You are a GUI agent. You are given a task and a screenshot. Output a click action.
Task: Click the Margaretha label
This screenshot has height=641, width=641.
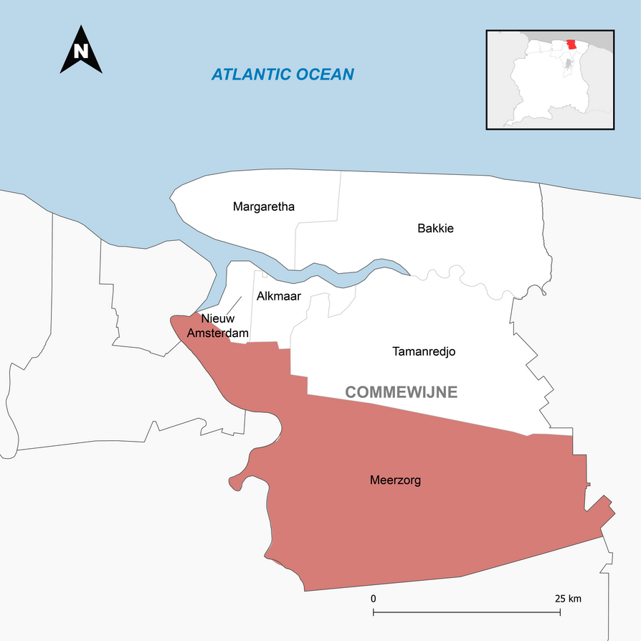pos(264,207)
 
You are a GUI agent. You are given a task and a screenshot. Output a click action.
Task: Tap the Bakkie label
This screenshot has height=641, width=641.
pos(435,229)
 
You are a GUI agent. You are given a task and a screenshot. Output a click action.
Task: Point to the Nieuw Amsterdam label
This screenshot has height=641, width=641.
pos(218,326)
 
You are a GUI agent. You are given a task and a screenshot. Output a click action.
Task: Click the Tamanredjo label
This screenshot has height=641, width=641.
pos(424,351)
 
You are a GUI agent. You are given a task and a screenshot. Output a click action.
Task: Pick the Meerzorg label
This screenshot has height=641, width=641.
pos(395,480)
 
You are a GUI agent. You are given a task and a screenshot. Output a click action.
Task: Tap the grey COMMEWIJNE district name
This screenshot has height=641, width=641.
pos(401,392)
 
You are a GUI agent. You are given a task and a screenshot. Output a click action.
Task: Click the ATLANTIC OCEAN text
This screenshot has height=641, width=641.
pos(282,75)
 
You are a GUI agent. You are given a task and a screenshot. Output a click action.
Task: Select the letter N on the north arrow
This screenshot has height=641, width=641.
pos(81,52)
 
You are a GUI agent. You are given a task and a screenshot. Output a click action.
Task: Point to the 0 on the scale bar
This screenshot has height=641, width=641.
pos(373,598)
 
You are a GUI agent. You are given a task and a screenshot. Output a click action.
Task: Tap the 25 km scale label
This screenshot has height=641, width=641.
pos(568,598)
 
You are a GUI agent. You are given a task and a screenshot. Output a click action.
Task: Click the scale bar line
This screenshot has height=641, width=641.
pos(467,612)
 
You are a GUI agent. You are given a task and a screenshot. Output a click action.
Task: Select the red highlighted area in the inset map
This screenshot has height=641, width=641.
pos(571,44)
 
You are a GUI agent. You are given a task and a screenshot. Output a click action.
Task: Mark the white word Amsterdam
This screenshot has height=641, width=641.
pos(218,333)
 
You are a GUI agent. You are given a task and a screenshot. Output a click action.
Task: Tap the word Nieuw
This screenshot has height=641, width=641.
pos(217,318)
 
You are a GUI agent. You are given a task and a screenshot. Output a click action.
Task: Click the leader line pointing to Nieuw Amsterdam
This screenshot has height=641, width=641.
pos(234,303)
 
